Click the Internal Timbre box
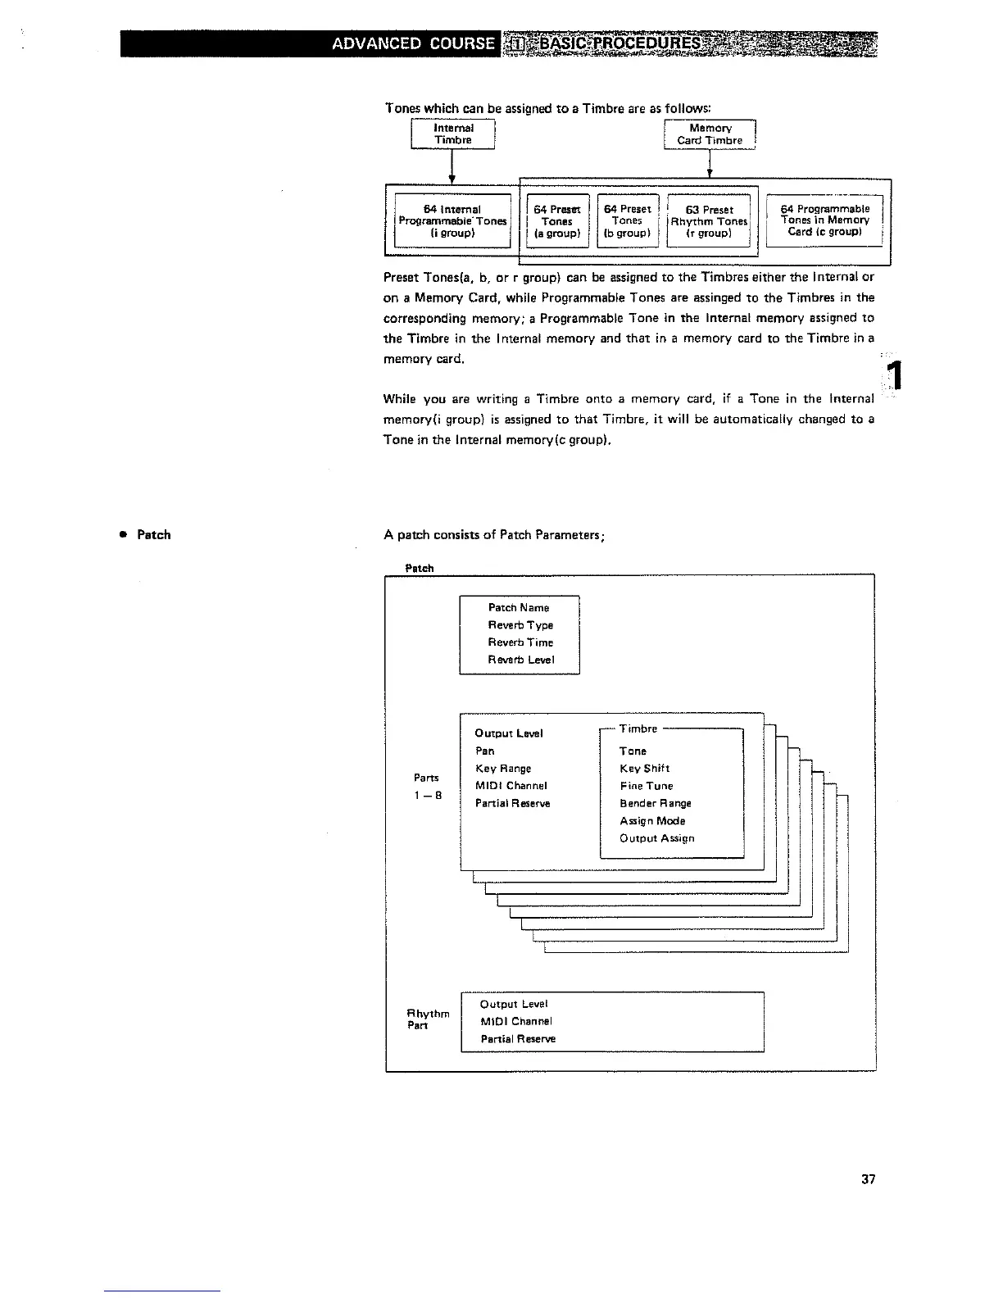453,134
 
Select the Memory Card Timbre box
710,134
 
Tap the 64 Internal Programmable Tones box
452,221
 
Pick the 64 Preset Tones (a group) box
557,221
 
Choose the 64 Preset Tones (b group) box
627,221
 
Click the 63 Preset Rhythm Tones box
710,221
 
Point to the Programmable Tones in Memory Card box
824,220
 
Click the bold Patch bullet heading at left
153,535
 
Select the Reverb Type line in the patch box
520,625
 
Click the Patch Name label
519,608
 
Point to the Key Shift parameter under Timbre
645,769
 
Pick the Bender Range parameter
656,804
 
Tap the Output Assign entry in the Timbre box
657,838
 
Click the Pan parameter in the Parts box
485,751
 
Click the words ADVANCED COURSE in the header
414,43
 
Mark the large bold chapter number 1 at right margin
896,377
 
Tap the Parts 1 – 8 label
426,786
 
